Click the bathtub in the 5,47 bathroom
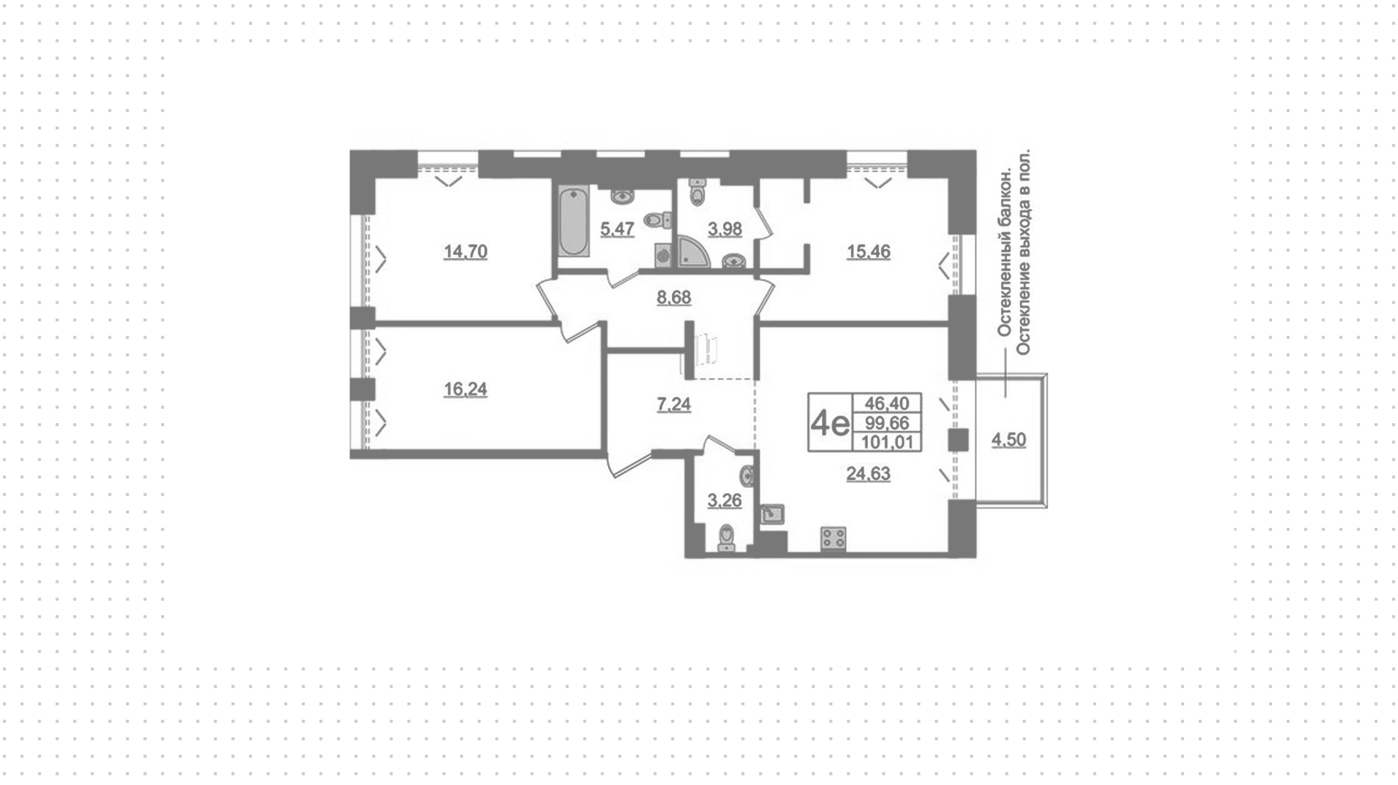point(574,221)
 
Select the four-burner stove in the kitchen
point(834,538)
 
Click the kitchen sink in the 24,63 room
point(772,514)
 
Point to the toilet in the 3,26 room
point(727,540)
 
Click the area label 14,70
point(465,252)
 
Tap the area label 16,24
point(465,390)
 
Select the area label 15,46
point(868,252)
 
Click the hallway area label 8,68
point(674,298)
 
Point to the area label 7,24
point(674,404)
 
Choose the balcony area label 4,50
point(1008,440)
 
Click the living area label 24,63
point(868,474)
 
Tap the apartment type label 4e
point(831,423)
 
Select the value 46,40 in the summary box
point(887,403)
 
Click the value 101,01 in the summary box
point(887,442)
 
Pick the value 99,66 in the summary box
point(887,423)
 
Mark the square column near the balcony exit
point(958,441)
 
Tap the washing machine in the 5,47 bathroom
point(663,256)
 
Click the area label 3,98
point(724,229)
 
